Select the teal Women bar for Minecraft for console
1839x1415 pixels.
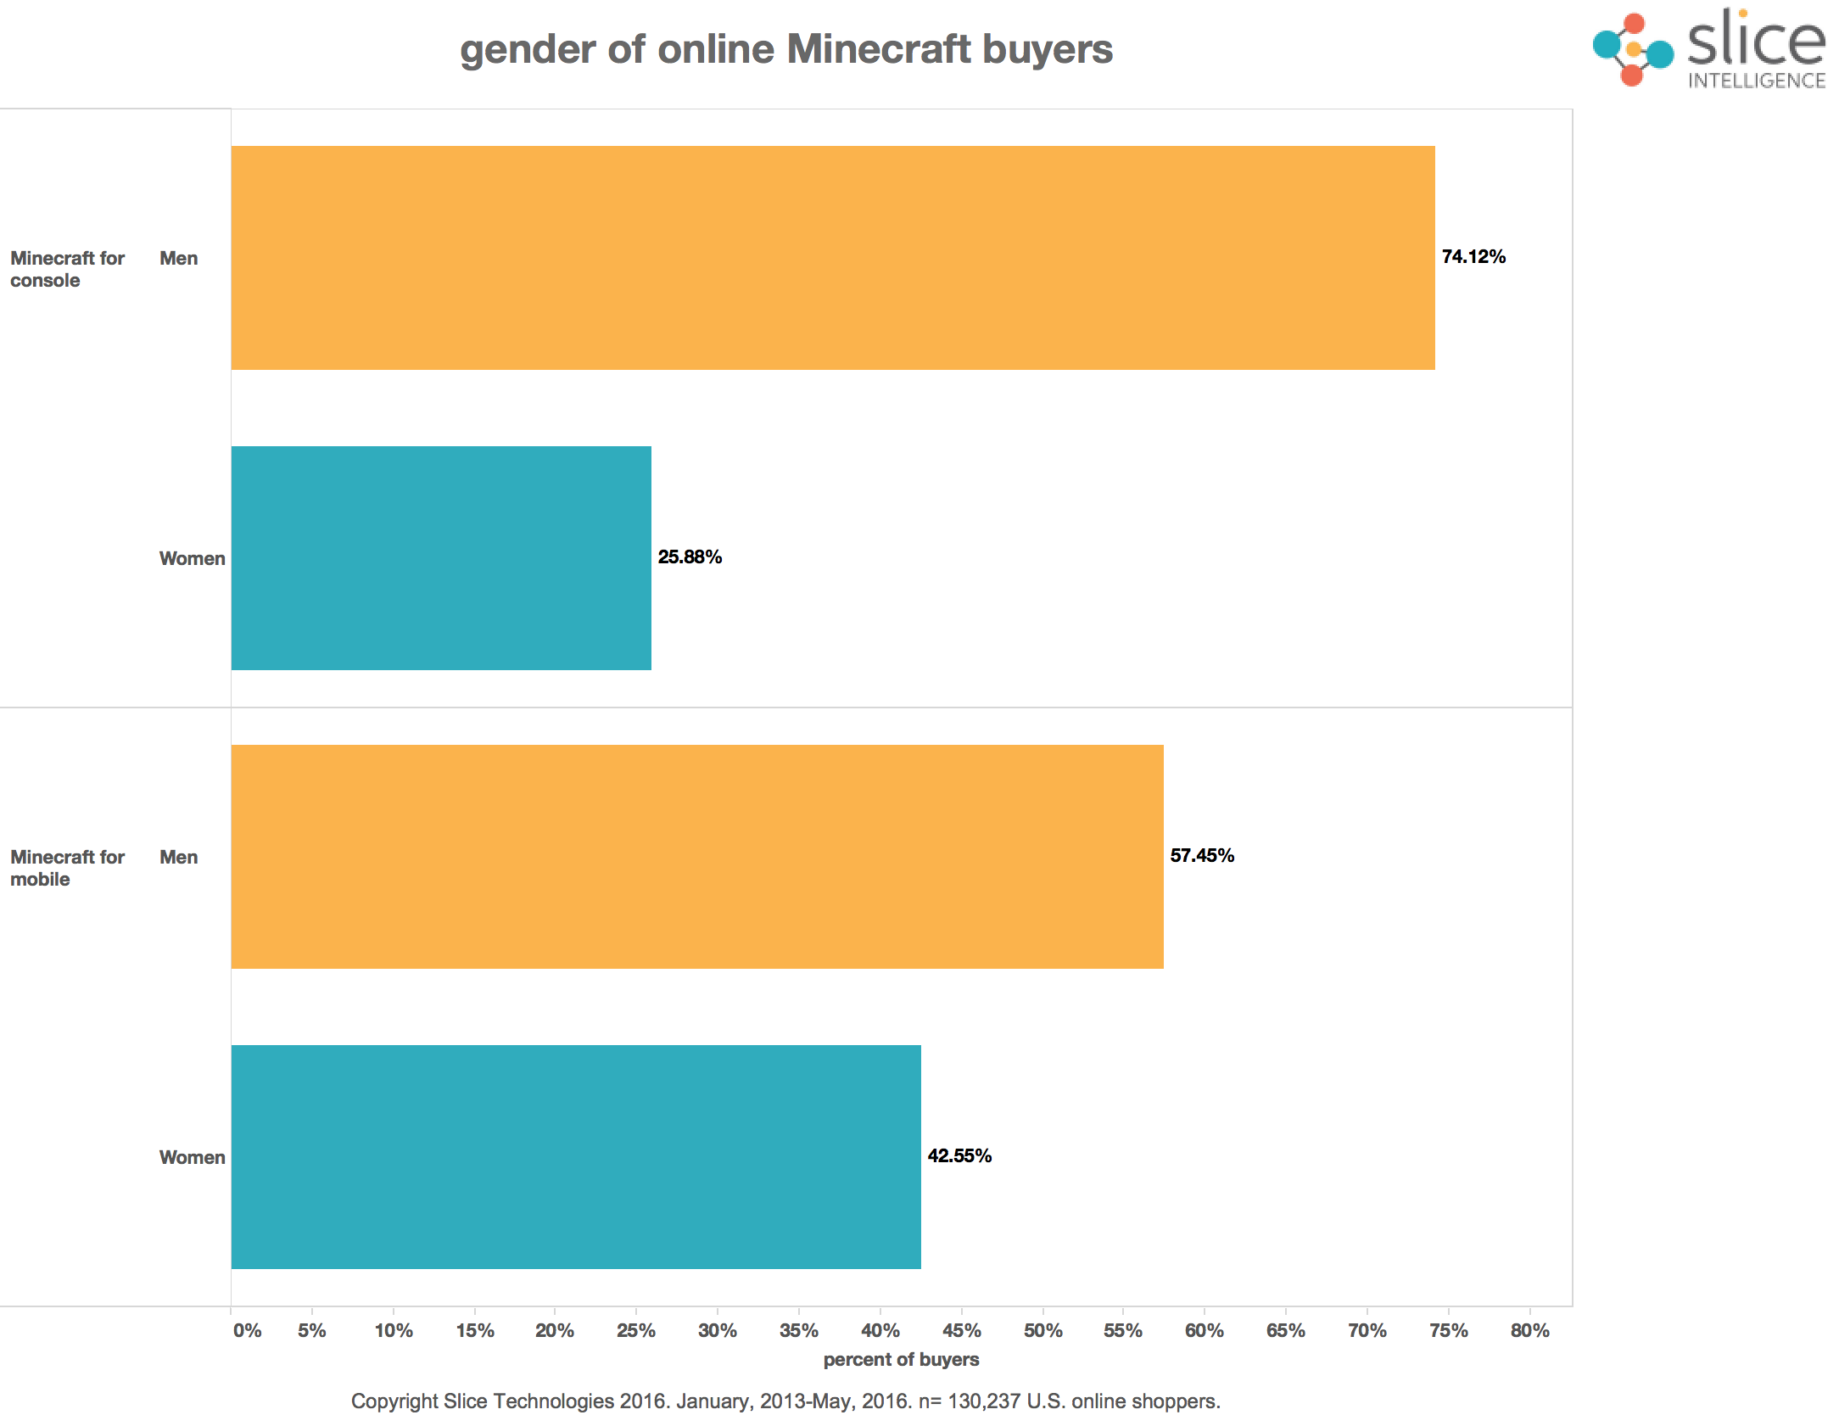[441, 558]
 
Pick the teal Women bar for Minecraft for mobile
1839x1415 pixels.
[576, 1157]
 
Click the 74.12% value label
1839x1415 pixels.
[1473, 257]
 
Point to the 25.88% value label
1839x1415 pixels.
[690, 557]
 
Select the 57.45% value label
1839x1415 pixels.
[1202, 856]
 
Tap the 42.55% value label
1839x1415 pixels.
[959, 1156]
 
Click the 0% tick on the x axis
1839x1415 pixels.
[247, 1331]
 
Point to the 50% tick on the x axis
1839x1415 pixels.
[1042, 1331]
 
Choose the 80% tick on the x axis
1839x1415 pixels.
[1529, 1331]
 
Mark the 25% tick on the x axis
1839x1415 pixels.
[636, 1331]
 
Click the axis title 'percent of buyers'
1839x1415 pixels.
[901, 1360]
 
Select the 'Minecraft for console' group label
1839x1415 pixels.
[67, 269]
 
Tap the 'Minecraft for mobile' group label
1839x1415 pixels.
[67, 868]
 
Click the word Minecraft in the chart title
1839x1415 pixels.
[879, 49]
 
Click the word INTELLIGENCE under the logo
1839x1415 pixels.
[1757, 81]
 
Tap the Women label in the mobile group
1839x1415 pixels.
[192, 1158]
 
